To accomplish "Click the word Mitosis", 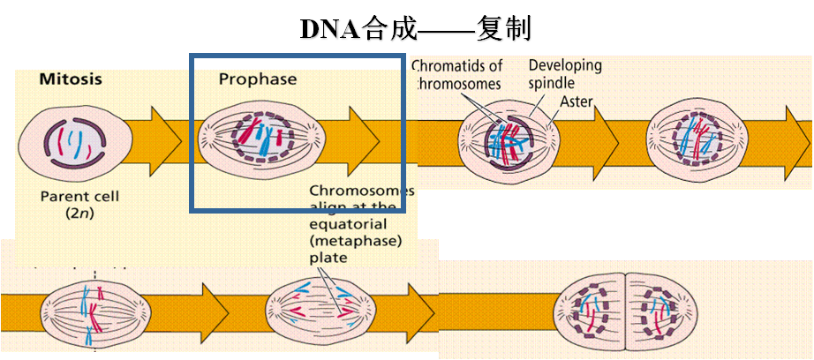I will (x=71, y=79).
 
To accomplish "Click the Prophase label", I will (x=258, y=79).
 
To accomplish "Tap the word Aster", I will (x=576, y=102).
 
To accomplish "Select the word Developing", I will (x=565, y=65).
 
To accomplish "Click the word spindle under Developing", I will (x=552, y=84).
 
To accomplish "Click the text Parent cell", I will (x=79, y=196).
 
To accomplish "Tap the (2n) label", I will (x=79, y=214).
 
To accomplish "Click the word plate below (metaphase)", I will (x=328, y=258).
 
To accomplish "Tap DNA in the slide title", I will (x=329, y=29).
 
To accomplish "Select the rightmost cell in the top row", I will (x=693, y=140).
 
